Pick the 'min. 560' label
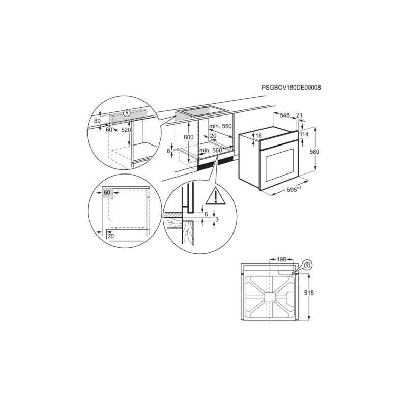[211, 151]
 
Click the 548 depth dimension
[285, 116]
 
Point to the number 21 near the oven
[300, 116]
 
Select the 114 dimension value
[304, 134]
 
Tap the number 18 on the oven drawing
[258, 135]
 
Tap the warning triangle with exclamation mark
[215, 196]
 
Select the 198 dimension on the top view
[281, 260]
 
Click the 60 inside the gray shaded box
[107, 193]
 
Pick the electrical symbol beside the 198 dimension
[308, 265]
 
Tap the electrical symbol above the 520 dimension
[126, 112]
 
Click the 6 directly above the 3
[206, 214]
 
